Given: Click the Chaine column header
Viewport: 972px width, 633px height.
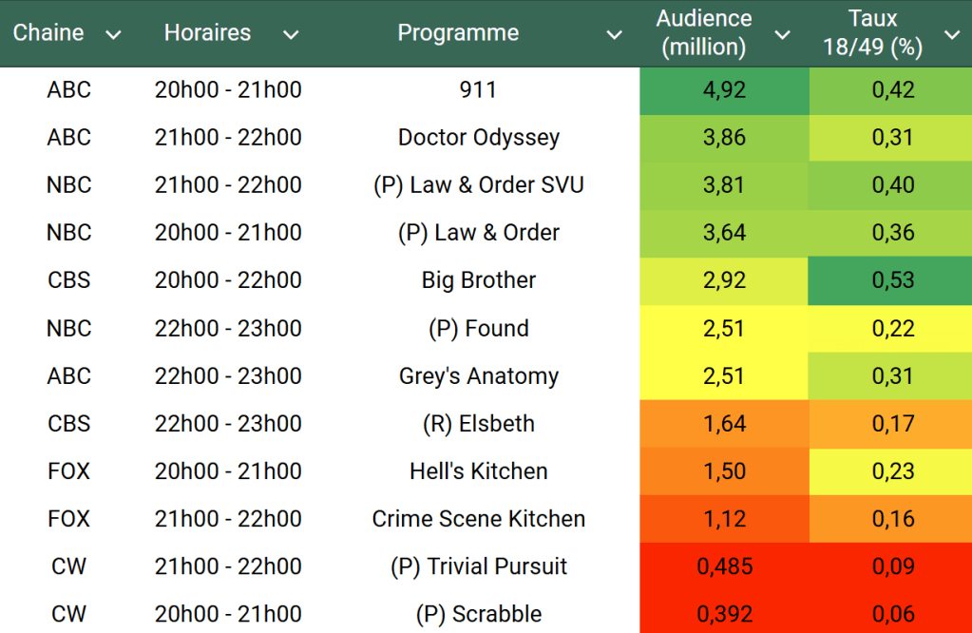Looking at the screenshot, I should (48, 33).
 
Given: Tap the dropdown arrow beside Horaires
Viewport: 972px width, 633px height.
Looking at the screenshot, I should (291, 35).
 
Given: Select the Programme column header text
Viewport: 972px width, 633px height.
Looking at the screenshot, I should (458, 33).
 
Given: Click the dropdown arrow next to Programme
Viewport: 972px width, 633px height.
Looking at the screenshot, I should (615, 35).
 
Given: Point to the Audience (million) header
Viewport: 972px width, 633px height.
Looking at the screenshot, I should (704, 33).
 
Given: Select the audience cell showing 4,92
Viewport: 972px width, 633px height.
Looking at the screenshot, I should (724, 90).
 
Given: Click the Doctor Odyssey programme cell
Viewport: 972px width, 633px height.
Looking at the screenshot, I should (478, 138).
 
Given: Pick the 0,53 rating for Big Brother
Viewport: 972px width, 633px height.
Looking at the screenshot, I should (893, 280).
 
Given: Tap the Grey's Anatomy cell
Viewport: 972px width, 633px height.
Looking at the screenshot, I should (478, 376).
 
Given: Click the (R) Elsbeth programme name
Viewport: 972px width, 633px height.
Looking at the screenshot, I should (478, 424).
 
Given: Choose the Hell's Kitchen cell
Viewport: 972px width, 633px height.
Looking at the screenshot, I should (478, 471).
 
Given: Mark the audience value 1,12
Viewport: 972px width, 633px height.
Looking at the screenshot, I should (724, 519).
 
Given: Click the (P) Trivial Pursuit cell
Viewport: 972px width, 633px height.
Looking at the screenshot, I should (478, 567).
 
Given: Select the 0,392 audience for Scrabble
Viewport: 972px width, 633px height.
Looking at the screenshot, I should (724, 615).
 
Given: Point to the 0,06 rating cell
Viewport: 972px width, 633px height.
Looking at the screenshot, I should (893, 615).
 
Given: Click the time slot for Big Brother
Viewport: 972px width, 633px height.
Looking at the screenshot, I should (228, 280).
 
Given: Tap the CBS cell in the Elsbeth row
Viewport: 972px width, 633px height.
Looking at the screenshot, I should (69, 424).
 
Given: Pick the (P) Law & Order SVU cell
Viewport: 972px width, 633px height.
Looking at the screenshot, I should (478, 185).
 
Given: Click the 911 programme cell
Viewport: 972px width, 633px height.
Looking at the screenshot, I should (478, 90).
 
